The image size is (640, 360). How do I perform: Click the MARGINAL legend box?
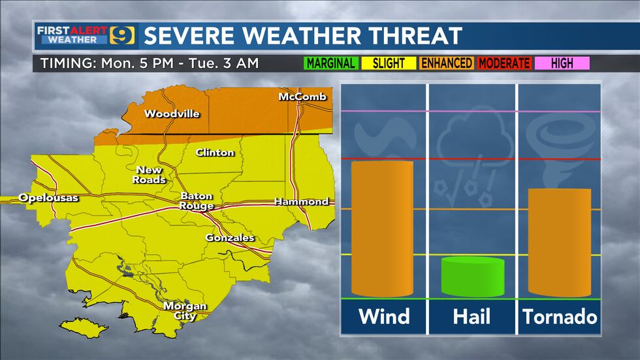click(x=330, y=63)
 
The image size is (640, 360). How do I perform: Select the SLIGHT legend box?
click(x=388, y=63)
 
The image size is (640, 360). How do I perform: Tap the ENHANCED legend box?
click(x=446, y=63)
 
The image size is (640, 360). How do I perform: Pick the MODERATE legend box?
click(x=504, y=63)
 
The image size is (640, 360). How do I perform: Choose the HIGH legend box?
click(x=562, y=63)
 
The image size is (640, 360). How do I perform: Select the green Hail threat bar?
click(x=473, y=276)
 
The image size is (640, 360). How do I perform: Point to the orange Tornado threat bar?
click(x=559, y=242)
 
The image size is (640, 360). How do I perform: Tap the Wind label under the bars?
click(x=383, y=317)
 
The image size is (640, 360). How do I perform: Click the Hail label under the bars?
click(x=472, y=317)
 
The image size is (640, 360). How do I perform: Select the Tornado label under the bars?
click(x=560, y=317)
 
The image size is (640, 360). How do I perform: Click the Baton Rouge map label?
click(x=196, y=201)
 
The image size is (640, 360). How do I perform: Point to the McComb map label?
click(x=301, y=97)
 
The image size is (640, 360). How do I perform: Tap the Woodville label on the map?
click(x=172, y=114)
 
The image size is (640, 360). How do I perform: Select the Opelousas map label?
click(x=48, y=197)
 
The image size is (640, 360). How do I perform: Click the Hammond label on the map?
click(x=301, y=201)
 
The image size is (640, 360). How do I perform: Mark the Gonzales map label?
click(x=230, y=238)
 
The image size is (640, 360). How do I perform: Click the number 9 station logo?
click(x=123, y=35)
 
